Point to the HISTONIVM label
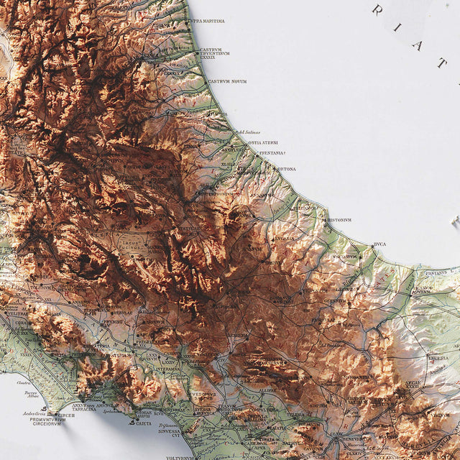(x=339, y=220)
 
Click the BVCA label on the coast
(x=379, y=244)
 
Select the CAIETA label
(x=144, y=423)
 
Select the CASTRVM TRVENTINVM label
(x=214, y=52)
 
